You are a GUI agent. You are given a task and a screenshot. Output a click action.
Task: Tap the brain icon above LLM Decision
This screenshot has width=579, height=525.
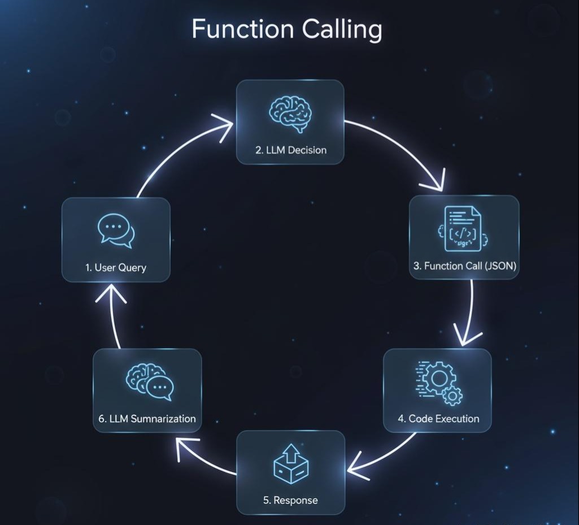coord(290,113)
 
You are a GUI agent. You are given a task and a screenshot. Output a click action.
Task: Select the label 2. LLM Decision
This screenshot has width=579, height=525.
coord(290,150)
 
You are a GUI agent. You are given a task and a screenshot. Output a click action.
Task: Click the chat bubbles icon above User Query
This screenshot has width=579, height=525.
coord(116,231)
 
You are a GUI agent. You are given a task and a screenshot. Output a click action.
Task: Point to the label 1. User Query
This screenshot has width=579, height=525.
coord(116,267)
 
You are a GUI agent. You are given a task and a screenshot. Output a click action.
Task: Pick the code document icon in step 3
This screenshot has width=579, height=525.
coord(463,229)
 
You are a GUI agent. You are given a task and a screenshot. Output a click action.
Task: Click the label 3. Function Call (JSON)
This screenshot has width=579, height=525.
coord(464,266)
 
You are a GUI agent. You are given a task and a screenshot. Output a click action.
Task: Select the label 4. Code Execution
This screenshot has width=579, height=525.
coord(438,419)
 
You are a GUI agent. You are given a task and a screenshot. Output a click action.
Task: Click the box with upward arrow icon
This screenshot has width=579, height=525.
coord(290,463)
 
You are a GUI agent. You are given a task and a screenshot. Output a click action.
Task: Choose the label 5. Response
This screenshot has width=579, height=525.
coord(290,500)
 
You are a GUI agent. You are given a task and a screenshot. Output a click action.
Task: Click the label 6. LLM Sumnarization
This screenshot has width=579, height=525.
coord(147,419)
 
